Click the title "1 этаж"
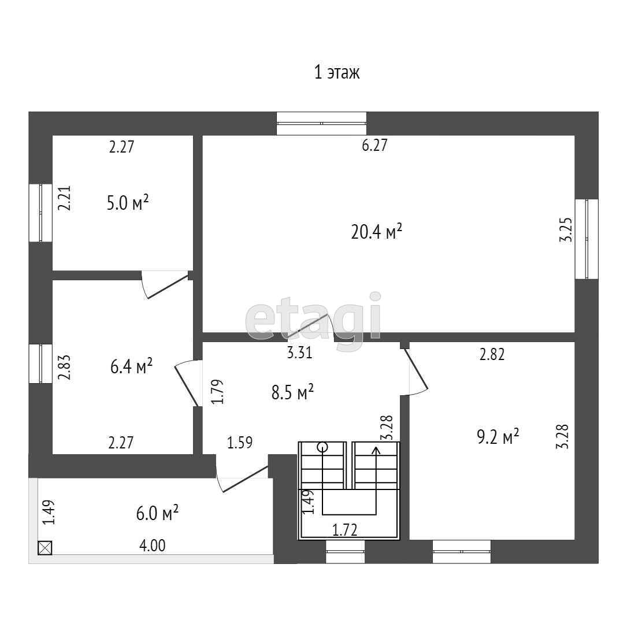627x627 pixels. coord(337,73)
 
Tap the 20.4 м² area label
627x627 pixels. coord(376,232)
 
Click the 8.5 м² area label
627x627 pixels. coord(292,394)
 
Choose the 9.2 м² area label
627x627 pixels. coord(498,436)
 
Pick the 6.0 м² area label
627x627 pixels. coord(157,513)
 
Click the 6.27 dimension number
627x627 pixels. coord(374,146)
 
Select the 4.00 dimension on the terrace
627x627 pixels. coord(153,546)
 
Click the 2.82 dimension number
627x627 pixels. coord(492,355)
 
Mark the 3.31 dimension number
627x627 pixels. coord(300,353)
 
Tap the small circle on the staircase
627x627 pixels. coord(322,447)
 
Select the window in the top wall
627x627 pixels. coord(321,123)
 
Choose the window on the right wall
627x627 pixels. coord(587,239)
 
